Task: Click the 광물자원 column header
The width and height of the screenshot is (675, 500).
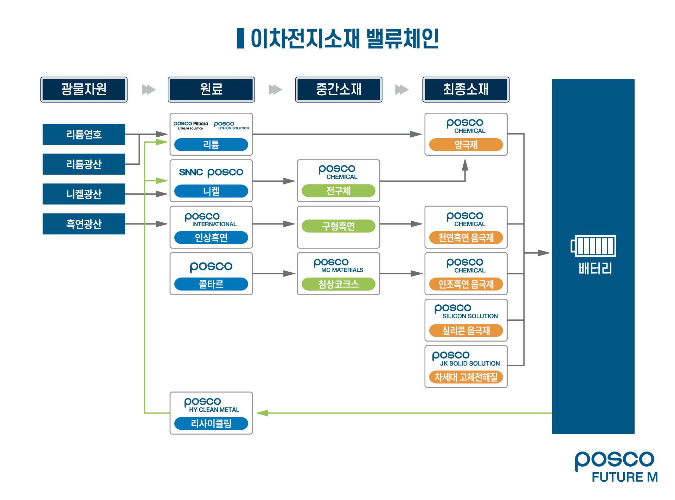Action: [84, 89]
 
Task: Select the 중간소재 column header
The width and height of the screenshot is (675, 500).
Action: [338, 89]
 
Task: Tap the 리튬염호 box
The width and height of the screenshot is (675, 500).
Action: [84, 134]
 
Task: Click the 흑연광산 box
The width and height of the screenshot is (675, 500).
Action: [84, 224]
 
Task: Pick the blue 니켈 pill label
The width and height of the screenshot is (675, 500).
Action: [211, 191]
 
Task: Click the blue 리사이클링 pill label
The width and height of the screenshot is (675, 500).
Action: [211, 423]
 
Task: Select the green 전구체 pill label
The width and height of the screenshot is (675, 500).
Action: [338, 191]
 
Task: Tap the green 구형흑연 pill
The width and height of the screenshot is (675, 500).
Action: [338, 226]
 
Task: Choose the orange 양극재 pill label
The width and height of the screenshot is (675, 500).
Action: [466, 144]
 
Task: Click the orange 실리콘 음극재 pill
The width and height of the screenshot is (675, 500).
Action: [466, 330]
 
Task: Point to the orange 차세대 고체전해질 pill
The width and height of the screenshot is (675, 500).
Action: [466, 377]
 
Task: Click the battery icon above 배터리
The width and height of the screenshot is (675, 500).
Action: [593, 246]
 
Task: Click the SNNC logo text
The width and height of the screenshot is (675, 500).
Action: [191, 172]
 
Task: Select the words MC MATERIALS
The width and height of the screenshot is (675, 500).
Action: [342, 270]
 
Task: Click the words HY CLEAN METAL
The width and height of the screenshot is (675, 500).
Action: [214, 410]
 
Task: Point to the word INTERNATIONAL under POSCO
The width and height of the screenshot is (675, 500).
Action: [214, 224]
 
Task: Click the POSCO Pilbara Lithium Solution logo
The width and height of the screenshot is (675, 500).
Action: [191, 125]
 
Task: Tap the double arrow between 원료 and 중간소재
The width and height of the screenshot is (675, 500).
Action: [275, 90]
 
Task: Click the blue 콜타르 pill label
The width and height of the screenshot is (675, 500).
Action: [211, 284]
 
